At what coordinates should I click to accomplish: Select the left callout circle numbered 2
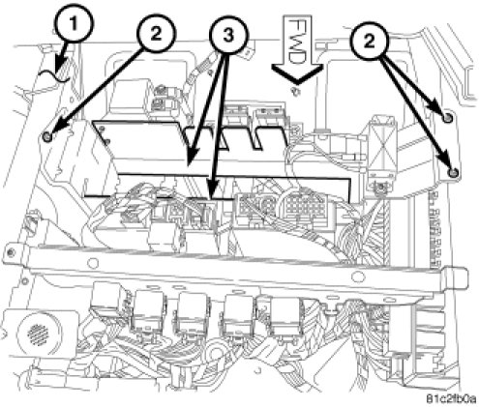tap(156, 34)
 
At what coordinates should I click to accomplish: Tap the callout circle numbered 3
tap(228, 36)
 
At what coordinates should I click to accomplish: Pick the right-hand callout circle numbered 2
tap(370, 41)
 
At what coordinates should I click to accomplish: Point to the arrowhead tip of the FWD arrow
tap(297, 83)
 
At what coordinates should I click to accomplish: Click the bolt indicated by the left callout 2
tap(47, 137)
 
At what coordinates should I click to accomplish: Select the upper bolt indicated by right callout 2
tap(447, 118)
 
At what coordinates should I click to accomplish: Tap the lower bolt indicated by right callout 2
tap(453, 173)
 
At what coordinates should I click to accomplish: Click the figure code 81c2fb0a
tap(451, 399)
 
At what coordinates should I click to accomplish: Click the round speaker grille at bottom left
tap(38, 334)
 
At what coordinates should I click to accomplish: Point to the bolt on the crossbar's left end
tap(12, 252)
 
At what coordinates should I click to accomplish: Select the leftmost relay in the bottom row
tap(110, 302)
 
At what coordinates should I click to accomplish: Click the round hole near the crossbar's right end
tap(356, 276)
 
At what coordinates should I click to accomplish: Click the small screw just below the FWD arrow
tap(295, 91)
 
